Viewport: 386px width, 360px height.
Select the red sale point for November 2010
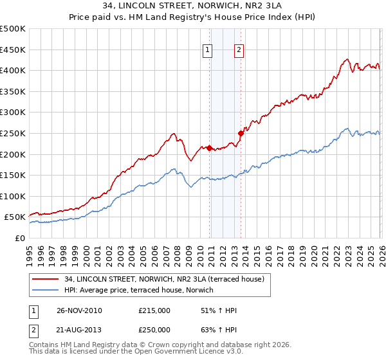[x=210, y=148]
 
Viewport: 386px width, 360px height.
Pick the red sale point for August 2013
[x=241, y=134]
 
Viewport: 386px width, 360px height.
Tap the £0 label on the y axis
[x=19, y=239]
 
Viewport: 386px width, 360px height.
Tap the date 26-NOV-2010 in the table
[x=79, y=310]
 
